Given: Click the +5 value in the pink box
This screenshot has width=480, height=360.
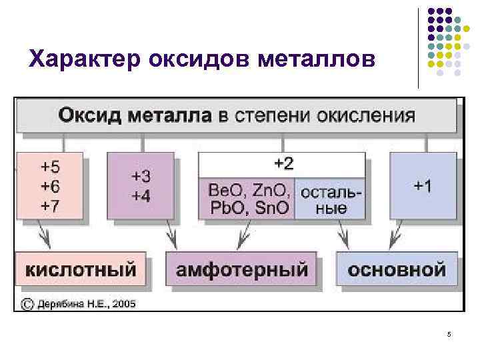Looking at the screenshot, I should (x=49, y=166).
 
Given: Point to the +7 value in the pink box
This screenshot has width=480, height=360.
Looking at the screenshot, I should (x=49, y=205).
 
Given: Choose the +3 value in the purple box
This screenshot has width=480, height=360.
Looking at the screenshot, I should (x=141, y=176).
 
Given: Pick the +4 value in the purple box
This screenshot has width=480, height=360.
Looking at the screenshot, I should (x=141, y=196).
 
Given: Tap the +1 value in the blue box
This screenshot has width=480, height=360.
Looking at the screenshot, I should (x=423, y=186).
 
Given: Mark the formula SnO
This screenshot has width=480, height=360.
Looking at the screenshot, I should (x=271, y=207).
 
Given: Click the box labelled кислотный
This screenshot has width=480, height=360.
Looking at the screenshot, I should (x=81, y=270).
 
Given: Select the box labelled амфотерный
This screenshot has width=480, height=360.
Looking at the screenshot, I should (x=242, y=270).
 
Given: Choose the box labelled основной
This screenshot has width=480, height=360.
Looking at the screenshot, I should (x=397, y=270).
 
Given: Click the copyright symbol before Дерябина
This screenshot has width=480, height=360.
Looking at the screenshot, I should (x=28, y=304).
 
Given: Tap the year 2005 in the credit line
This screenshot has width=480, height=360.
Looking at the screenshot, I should (x=123, y=304).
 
